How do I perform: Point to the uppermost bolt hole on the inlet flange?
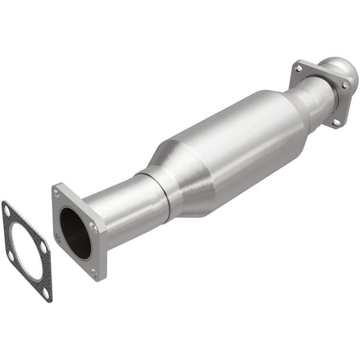point(57,194)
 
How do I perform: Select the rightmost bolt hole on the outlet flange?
point(344,84)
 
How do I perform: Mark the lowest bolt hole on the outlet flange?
point(335,122)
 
